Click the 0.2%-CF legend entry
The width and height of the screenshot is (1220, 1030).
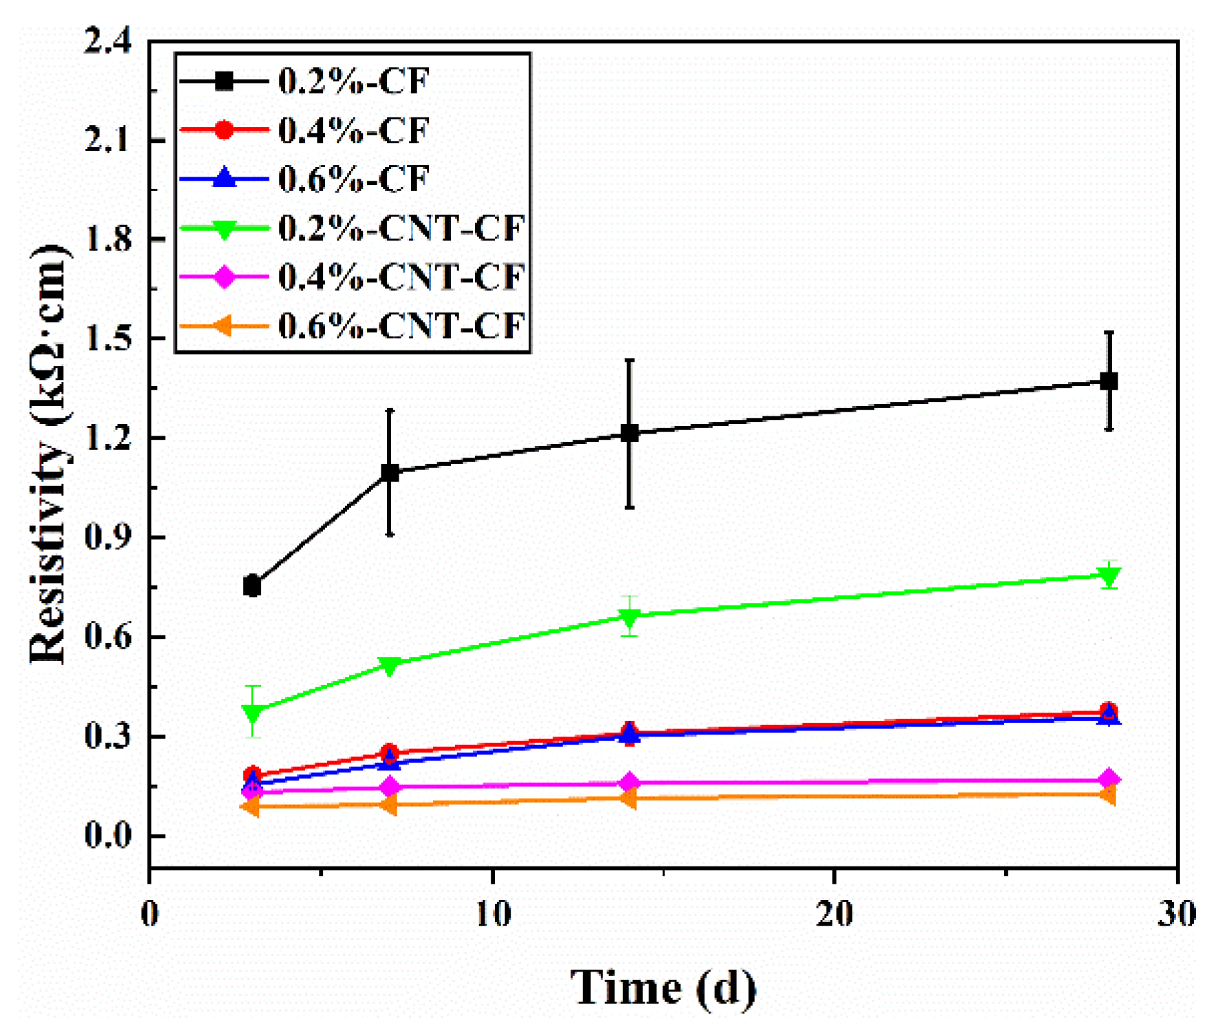353,81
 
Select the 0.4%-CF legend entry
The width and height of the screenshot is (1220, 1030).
353,130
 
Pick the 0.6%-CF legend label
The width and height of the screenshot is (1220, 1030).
353,179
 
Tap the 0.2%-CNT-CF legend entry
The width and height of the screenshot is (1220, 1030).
401,227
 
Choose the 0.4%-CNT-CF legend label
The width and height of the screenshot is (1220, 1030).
401,276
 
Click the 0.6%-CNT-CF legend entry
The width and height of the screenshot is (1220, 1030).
401,325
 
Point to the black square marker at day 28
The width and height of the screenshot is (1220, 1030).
1109,381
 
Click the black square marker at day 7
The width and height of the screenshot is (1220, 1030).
390,472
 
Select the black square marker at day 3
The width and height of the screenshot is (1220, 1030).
252,586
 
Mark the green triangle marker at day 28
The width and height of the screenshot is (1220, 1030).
1109,575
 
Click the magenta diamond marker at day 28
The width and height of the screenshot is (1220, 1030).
1109,779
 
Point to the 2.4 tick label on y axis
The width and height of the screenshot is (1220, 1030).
108,41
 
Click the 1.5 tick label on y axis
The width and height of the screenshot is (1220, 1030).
108,339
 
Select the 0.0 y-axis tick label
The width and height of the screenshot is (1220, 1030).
108,836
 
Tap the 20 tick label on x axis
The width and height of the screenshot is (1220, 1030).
834,914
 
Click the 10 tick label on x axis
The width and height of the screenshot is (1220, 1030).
493,914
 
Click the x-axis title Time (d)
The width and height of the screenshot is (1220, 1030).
663,987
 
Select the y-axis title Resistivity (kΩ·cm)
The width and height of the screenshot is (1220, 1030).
49,454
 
